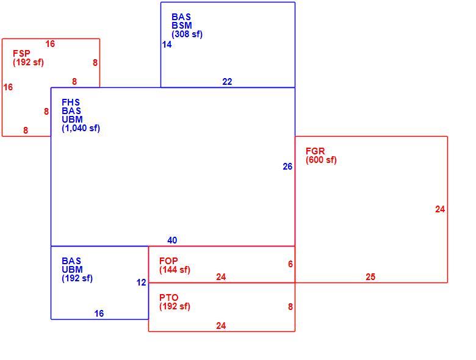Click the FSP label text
[x=21, y=54]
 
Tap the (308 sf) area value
[x=187, y=34]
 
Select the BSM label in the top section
[x=182, y=26]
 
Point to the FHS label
[x=71, y=103]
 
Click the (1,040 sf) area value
[x=81, y=128]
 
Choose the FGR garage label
[x=315, y=151]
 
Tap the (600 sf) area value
[x=321, y=160]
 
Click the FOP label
[x=168, y=261]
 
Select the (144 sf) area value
[x=175, y=270]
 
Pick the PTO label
[x=169, y=298]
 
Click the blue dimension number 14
[x=167, y=45]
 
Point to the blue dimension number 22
[x=227, y=82]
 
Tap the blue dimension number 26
[x=287, y=167]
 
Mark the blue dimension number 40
[x=172, y=240]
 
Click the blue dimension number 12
[x=141, y=283]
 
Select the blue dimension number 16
[x=99, y=314]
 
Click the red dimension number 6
[x=290, y=264]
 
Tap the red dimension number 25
[x=370, y=277]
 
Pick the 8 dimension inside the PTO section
[x=290, y=307]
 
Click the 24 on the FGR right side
[x=440, y=209]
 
